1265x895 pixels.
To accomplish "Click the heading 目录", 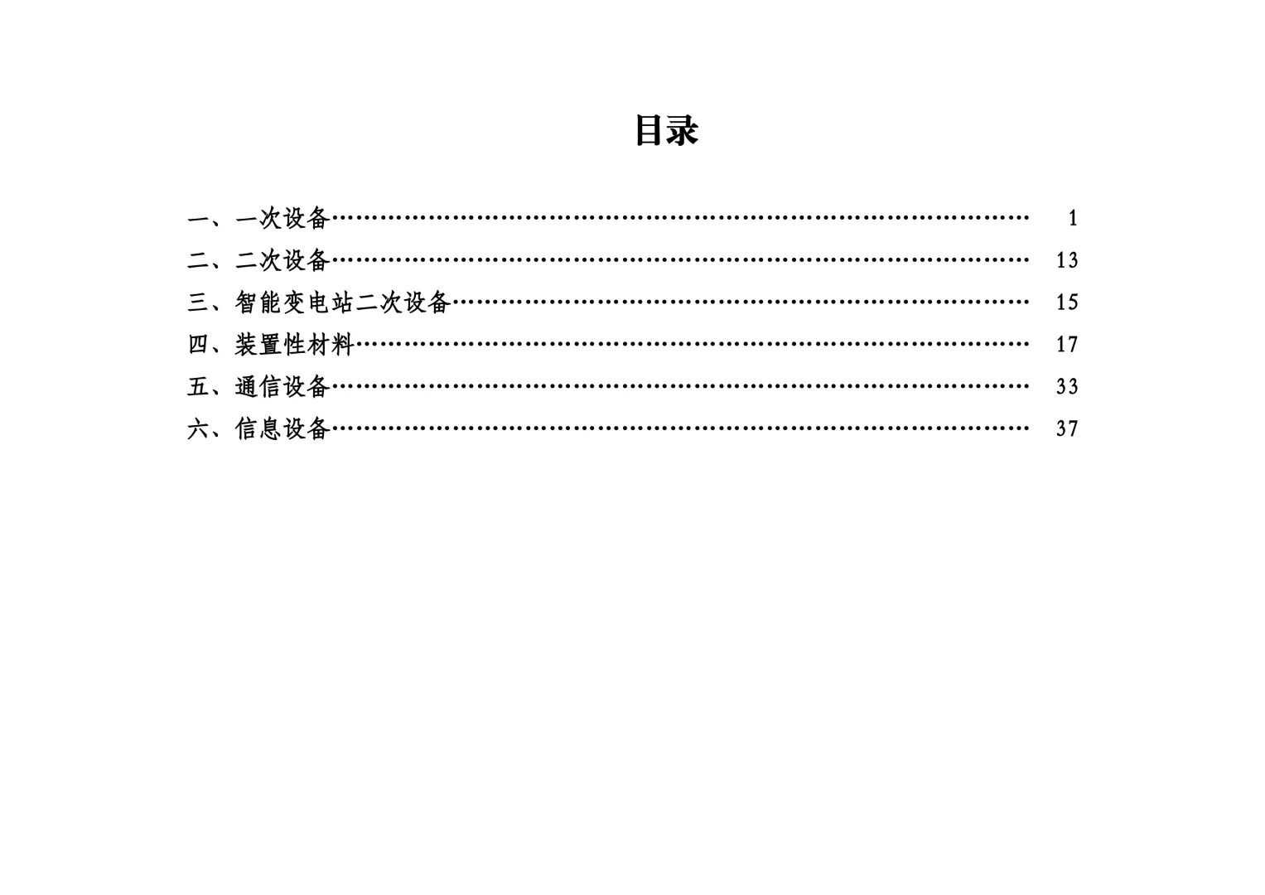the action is pos(666,130).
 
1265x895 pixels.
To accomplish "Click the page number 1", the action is pos(1073,218).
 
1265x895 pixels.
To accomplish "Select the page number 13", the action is pos(1067,260).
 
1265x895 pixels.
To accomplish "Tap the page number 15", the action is pos(1067,302).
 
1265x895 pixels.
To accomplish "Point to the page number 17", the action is pos(1067,344).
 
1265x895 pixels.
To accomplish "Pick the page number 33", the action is pos(1067,386).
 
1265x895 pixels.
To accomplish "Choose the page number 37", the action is pos(1067,428).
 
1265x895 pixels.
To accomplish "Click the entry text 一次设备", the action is pos(282,218).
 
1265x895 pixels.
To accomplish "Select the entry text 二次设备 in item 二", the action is pos(282,260).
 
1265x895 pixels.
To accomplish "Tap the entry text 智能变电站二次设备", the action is pos(342,302).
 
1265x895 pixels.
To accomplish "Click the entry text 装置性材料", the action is pos(294,344).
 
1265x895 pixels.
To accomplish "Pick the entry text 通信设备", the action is pos(282,386).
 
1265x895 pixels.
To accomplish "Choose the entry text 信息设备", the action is pos(282,428).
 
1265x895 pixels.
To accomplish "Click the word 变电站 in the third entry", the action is pos(318,302).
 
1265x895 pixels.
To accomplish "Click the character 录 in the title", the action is pos(683,130).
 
